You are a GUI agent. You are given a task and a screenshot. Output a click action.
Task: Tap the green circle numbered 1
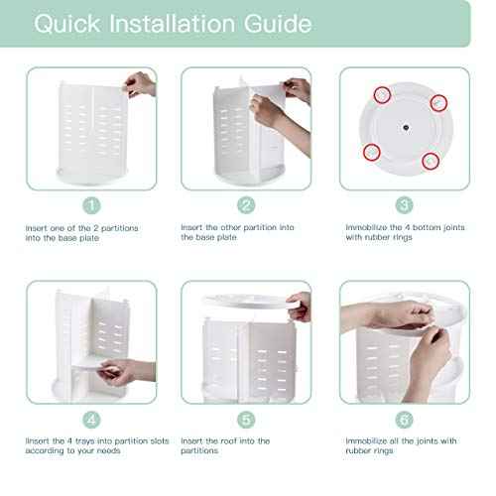[x=91, y=206]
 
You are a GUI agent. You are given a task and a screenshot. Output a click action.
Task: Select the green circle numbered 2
[x=247, y=206]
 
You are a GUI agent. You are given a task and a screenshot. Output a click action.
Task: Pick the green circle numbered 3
[x=404, y=206]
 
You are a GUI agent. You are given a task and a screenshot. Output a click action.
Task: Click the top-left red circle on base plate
[x=382, y=93]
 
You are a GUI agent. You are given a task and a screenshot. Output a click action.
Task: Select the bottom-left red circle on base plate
[x=373, y=151]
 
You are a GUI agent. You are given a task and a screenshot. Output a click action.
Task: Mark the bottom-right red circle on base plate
[x=431, y=160]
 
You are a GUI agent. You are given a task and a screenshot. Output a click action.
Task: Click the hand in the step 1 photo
[x=140, y=85]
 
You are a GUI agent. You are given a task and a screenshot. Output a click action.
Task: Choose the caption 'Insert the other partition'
[x=237, y=232]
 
